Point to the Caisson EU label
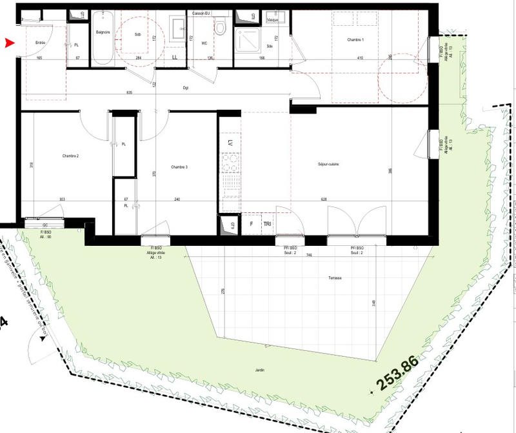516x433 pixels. [x=202, y=13]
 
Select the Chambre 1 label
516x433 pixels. [x=355, y=40]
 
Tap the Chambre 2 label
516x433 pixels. [x=70, y=156]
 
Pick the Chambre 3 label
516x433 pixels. [x=179, y=167]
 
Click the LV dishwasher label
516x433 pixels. [x=230, y=141]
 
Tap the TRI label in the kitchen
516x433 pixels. [x=266, y=224]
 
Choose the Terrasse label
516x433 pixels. [x=333, y=277]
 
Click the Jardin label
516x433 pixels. [x=258, y=370]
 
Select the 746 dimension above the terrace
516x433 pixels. [x=310, y=254]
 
